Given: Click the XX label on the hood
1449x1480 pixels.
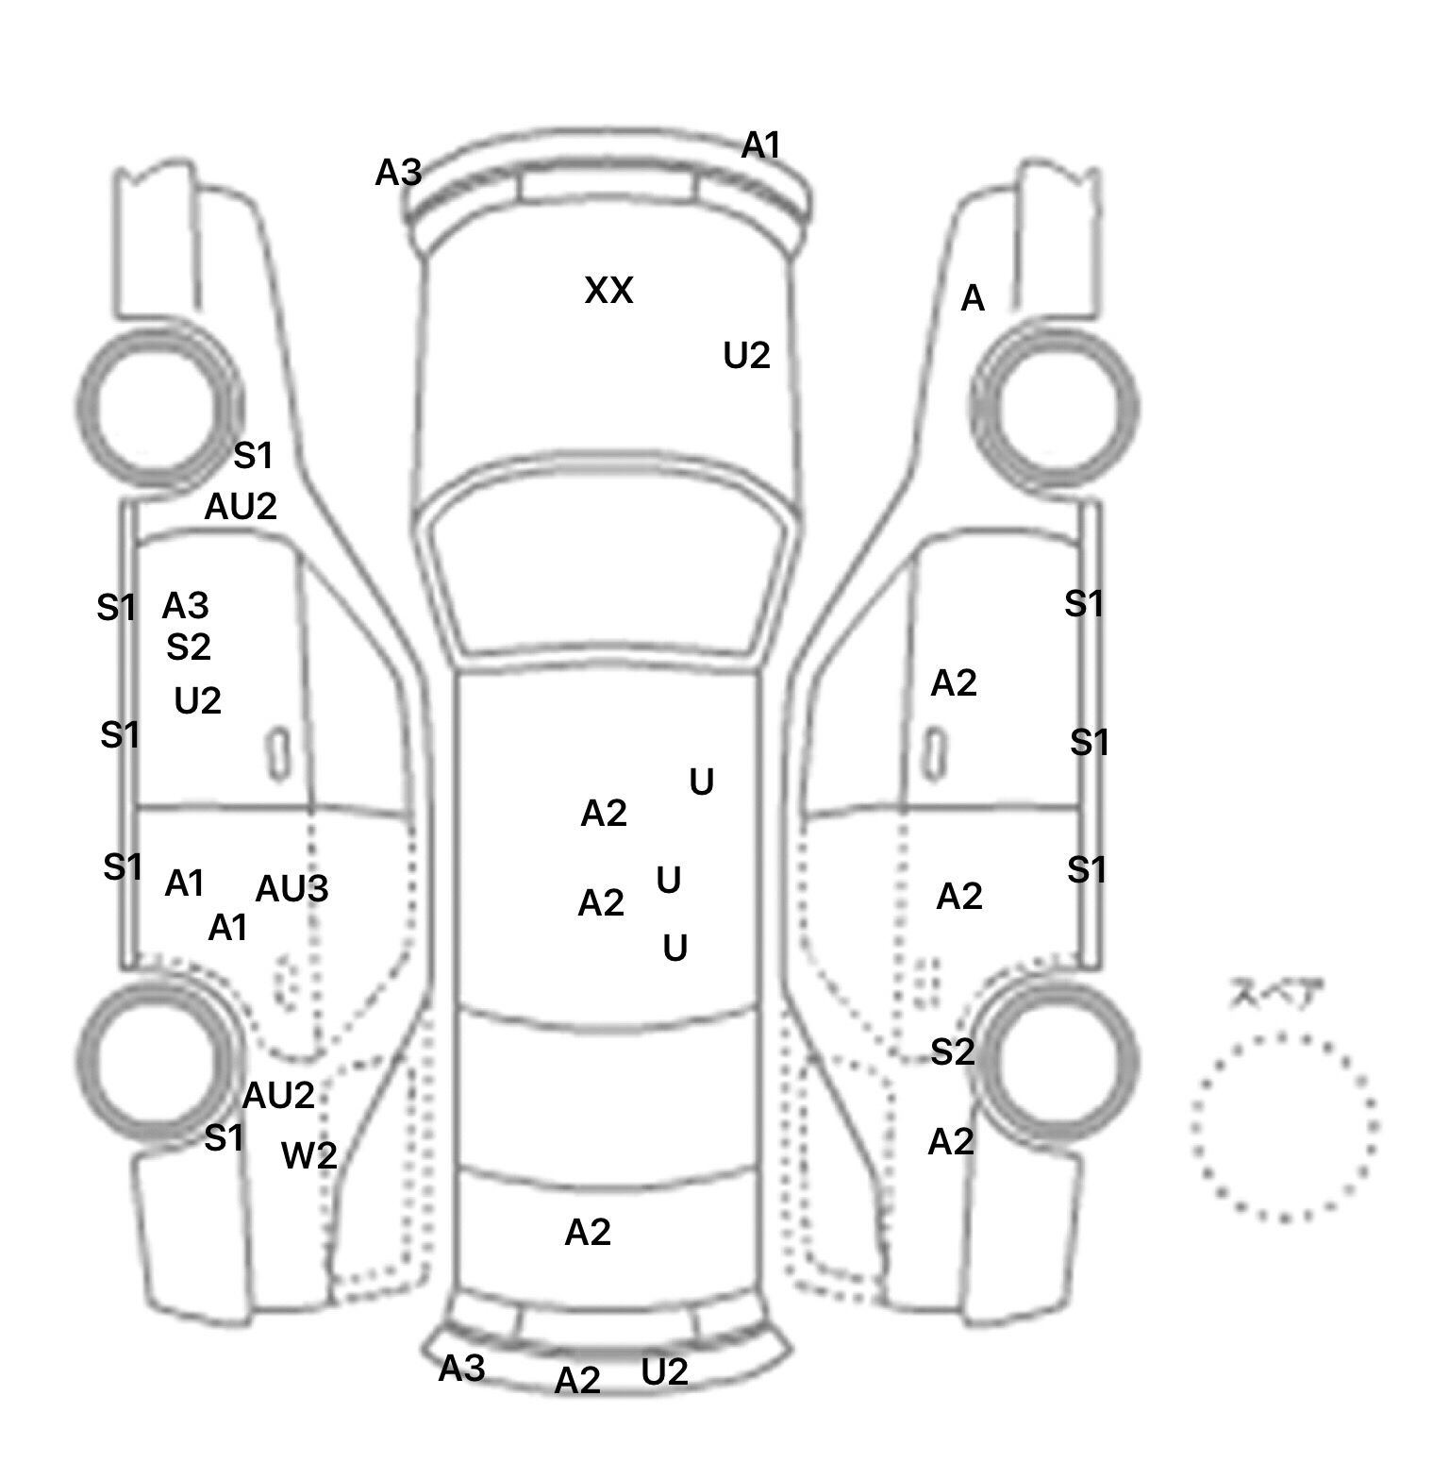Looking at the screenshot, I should click(x=608, y=291).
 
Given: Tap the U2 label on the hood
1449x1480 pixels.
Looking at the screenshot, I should click(x=746, y=356).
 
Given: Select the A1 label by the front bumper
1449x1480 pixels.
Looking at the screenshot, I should click(x=761, y=146).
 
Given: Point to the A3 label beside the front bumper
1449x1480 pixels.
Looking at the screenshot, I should click(x=398, y=174).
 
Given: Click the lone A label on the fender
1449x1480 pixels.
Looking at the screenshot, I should click(x=972, y=299).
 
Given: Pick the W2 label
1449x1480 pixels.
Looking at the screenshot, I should click(x=309, y=1155).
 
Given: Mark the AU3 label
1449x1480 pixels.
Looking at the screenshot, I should click(x=291, y=888).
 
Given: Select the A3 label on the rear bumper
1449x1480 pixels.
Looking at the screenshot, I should click(x=461, y=1368).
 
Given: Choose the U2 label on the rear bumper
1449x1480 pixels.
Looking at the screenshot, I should click(x=664, y=1372).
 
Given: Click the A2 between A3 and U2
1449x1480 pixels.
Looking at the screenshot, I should click(x=577, y=1381).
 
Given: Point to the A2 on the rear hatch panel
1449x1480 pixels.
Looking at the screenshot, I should click(x=588, y=1232).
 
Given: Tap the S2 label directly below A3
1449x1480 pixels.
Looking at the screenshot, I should click(x=188, y=647).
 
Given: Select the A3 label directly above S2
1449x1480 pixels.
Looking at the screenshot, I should click(x=185, y=605).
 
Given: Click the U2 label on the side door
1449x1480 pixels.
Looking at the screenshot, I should click(x=197, y=700).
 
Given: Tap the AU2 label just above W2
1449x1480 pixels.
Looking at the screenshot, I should click(x=278, y=1096).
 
